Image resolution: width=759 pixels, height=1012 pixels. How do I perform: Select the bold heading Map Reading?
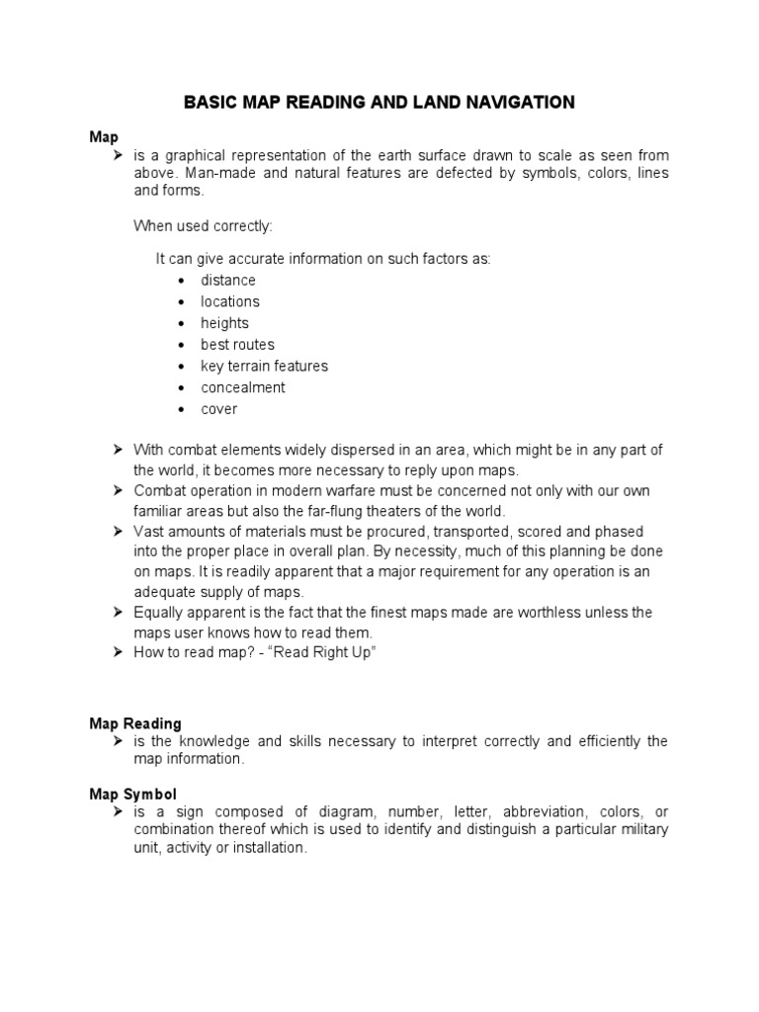pos(135,724)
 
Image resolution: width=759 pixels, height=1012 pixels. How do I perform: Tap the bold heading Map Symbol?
pos(133,794)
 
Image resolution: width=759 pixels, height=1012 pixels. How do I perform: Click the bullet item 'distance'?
pos(228,281)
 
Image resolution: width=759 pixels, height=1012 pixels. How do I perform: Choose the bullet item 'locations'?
pos(230,301)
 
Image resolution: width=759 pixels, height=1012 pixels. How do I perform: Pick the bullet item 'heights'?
pos(224,323)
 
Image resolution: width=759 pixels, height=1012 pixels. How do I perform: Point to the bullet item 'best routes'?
pos(237,345)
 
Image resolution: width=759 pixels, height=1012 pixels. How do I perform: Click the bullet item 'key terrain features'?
pos(264,366)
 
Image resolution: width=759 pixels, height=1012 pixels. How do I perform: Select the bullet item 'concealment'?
pos(243,387)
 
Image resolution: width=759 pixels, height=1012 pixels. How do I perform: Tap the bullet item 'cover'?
pos(219,409)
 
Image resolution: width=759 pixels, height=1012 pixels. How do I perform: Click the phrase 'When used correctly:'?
pos(203,226)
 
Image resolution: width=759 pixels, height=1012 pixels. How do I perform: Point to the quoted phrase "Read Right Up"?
pos(327,654)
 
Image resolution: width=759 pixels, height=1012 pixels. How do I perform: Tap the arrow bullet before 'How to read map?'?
pos(116,654)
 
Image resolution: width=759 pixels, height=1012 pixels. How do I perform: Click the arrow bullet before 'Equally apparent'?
pos(116,613)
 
